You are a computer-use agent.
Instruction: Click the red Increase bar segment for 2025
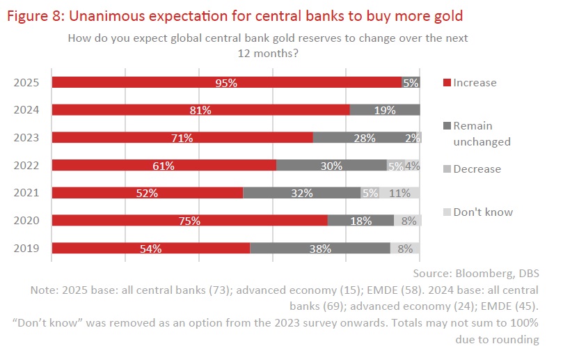point(227,82)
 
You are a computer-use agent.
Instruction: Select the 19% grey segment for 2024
point(385,110)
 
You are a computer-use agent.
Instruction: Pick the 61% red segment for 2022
point(164,166)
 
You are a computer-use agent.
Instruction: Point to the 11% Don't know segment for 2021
point(399,193)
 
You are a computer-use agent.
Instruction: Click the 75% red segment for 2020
point(189,221)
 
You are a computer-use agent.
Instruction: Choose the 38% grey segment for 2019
point(320,248)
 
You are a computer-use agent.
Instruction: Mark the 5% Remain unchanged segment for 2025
point(411,82)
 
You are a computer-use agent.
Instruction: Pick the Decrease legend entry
point(477,169)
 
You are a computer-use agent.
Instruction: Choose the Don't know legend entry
point(482,212)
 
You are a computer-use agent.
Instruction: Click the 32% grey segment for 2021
point(302,193)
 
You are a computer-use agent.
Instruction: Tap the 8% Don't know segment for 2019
point(405,248)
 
